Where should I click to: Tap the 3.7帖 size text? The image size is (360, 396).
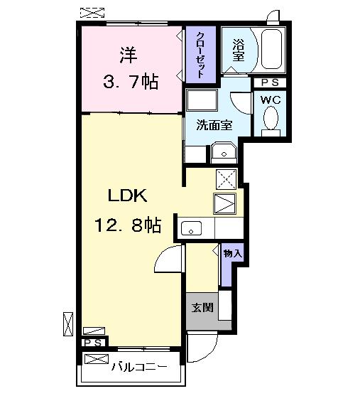(x=127, y=81)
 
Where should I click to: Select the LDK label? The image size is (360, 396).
(x=127, y=196)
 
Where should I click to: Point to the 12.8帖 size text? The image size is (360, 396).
(x=127, y=226)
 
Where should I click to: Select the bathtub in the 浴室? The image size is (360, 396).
(x=271, y=50)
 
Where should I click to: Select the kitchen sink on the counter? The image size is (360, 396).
(x=192, y=228)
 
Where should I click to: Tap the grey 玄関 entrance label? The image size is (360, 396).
(x=201, y=308)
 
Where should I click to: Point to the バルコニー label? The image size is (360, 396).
(x=139, y=367)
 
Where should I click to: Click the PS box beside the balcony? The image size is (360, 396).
(x=93, y=343)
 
